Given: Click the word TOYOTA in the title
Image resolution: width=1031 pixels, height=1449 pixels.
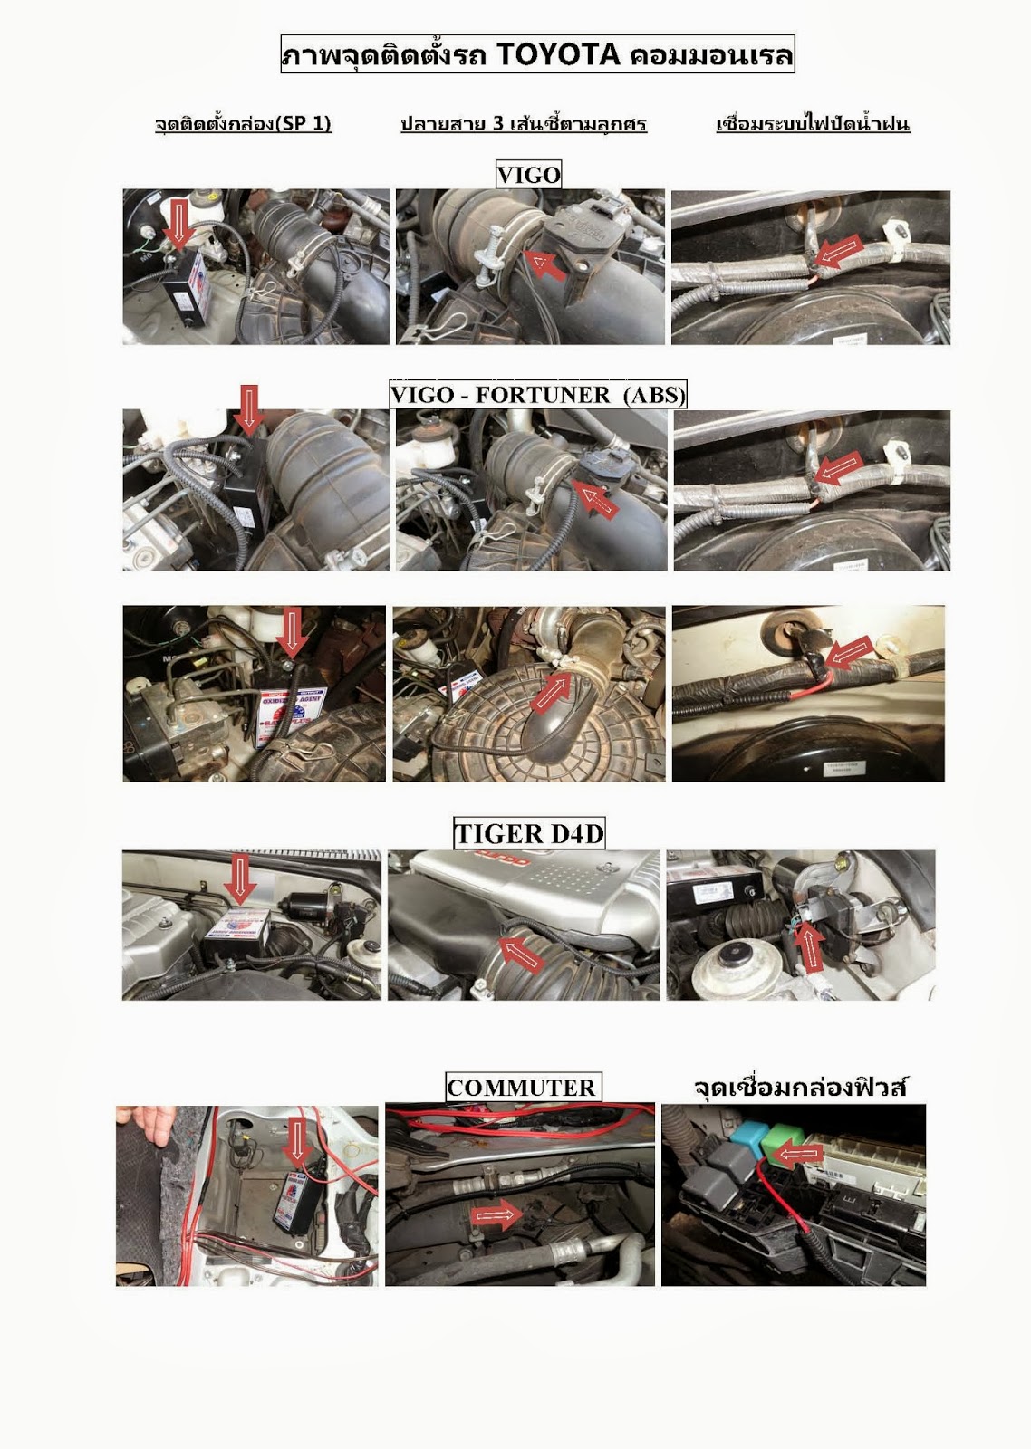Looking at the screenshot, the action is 559,54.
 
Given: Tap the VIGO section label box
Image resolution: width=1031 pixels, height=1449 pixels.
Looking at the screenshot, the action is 528,174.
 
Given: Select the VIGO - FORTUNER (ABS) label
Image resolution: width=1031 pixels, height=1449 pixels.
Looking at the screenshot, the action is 538,394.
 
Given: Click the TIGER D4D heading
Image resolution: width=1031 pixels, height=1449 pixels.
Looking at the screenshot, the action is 529,833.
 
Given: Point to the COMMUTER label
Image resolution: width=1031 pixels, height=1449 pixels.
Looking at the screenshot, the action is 522,1087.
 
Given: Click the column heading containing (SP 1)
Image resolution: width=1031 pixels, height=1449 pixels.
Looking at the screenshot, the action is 243,123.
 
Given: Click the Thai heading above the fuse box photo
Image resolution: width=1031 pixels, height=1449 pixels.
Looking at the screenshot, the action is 799,1088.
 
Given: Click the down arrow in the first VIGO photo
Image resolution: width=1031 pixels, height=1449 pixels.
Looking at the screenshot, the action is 178,223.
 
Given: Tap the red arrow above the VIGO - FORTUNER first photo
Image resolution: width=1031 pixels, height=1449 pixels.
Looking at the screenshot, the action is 248,409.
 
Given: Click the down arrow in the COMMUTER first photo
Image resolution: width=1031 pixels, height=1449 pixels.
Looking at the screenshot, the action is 297,1145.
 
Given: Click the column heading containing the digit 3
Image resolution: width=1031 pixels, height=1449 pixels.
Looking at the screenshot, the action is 524,123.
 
